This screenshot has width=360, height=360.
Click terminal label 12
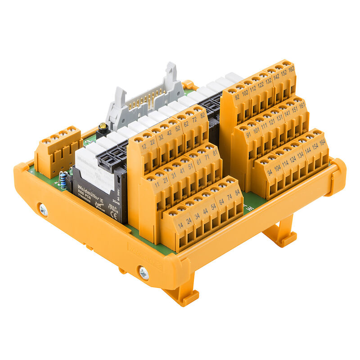point(144,147)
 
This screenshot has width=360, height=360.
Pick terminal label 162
point(291,69)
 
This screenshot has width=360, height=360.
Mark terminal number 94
point(270,172)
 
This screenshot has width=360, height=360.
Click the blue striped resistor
point(63,182)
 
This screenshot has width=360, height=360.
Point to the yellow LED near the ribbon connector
point(103,127)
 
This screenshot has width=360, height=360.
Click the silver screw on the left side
point(43,209)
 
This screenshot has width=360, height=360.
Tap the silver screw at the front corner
point(144,273)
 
